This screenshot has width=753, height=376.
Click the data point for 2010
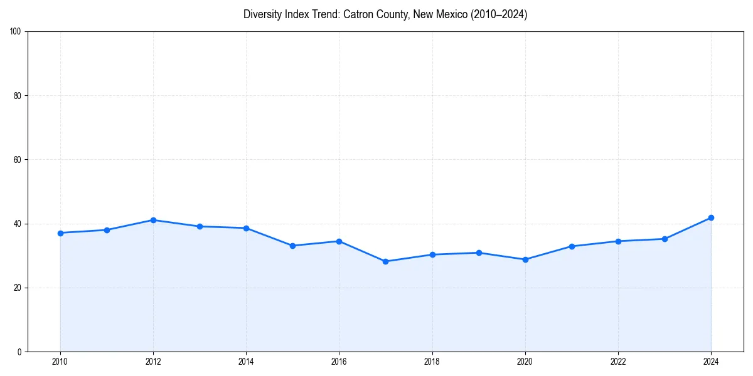60,233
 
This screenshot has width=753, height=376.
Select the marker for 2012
153,220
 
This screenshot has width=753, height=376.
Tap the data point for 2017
385,261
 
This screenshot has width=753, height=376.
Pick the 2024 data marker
711,217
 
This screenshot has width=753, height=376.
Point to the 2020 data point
525,259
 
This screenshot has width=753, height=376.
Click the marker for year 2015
292,246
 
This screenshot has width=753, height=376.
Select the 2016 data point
339,241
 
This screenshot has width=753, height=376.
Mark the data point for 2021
572,246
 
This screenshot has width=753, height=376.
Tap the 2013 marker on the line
200,226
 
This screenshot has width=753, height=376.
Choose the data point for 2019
479,253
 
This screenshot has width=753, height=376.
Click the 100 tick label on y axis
16,32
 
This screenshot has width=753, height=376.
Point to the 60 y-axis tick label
18,160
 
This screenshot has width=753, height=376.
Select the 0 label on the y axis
19,352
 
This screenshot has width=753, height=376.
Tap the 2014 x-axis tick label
246,362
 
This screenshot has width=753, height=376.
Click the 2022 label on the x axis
618,362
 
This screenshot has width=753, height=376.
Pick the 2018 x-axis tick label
432,362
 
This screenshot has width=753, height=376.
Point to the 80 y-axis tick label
18,96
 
